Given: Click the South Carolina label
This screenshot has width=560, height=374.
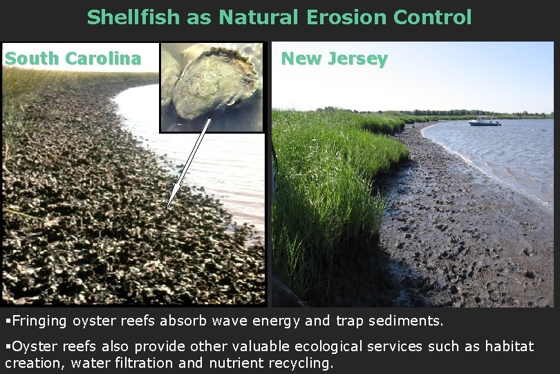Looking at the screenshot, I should point(73,59).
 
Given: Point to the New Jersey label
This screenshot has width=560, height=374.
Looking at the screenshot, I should point(334,60).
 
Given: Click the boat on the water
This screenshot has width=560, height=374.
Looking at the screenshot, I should point(484,122).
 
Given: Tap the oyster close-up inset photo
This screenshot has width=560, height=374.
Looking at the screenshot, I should point(212,87).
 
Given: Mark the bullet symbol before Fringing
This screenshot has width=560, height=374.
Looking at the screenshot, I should point(8,321).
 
